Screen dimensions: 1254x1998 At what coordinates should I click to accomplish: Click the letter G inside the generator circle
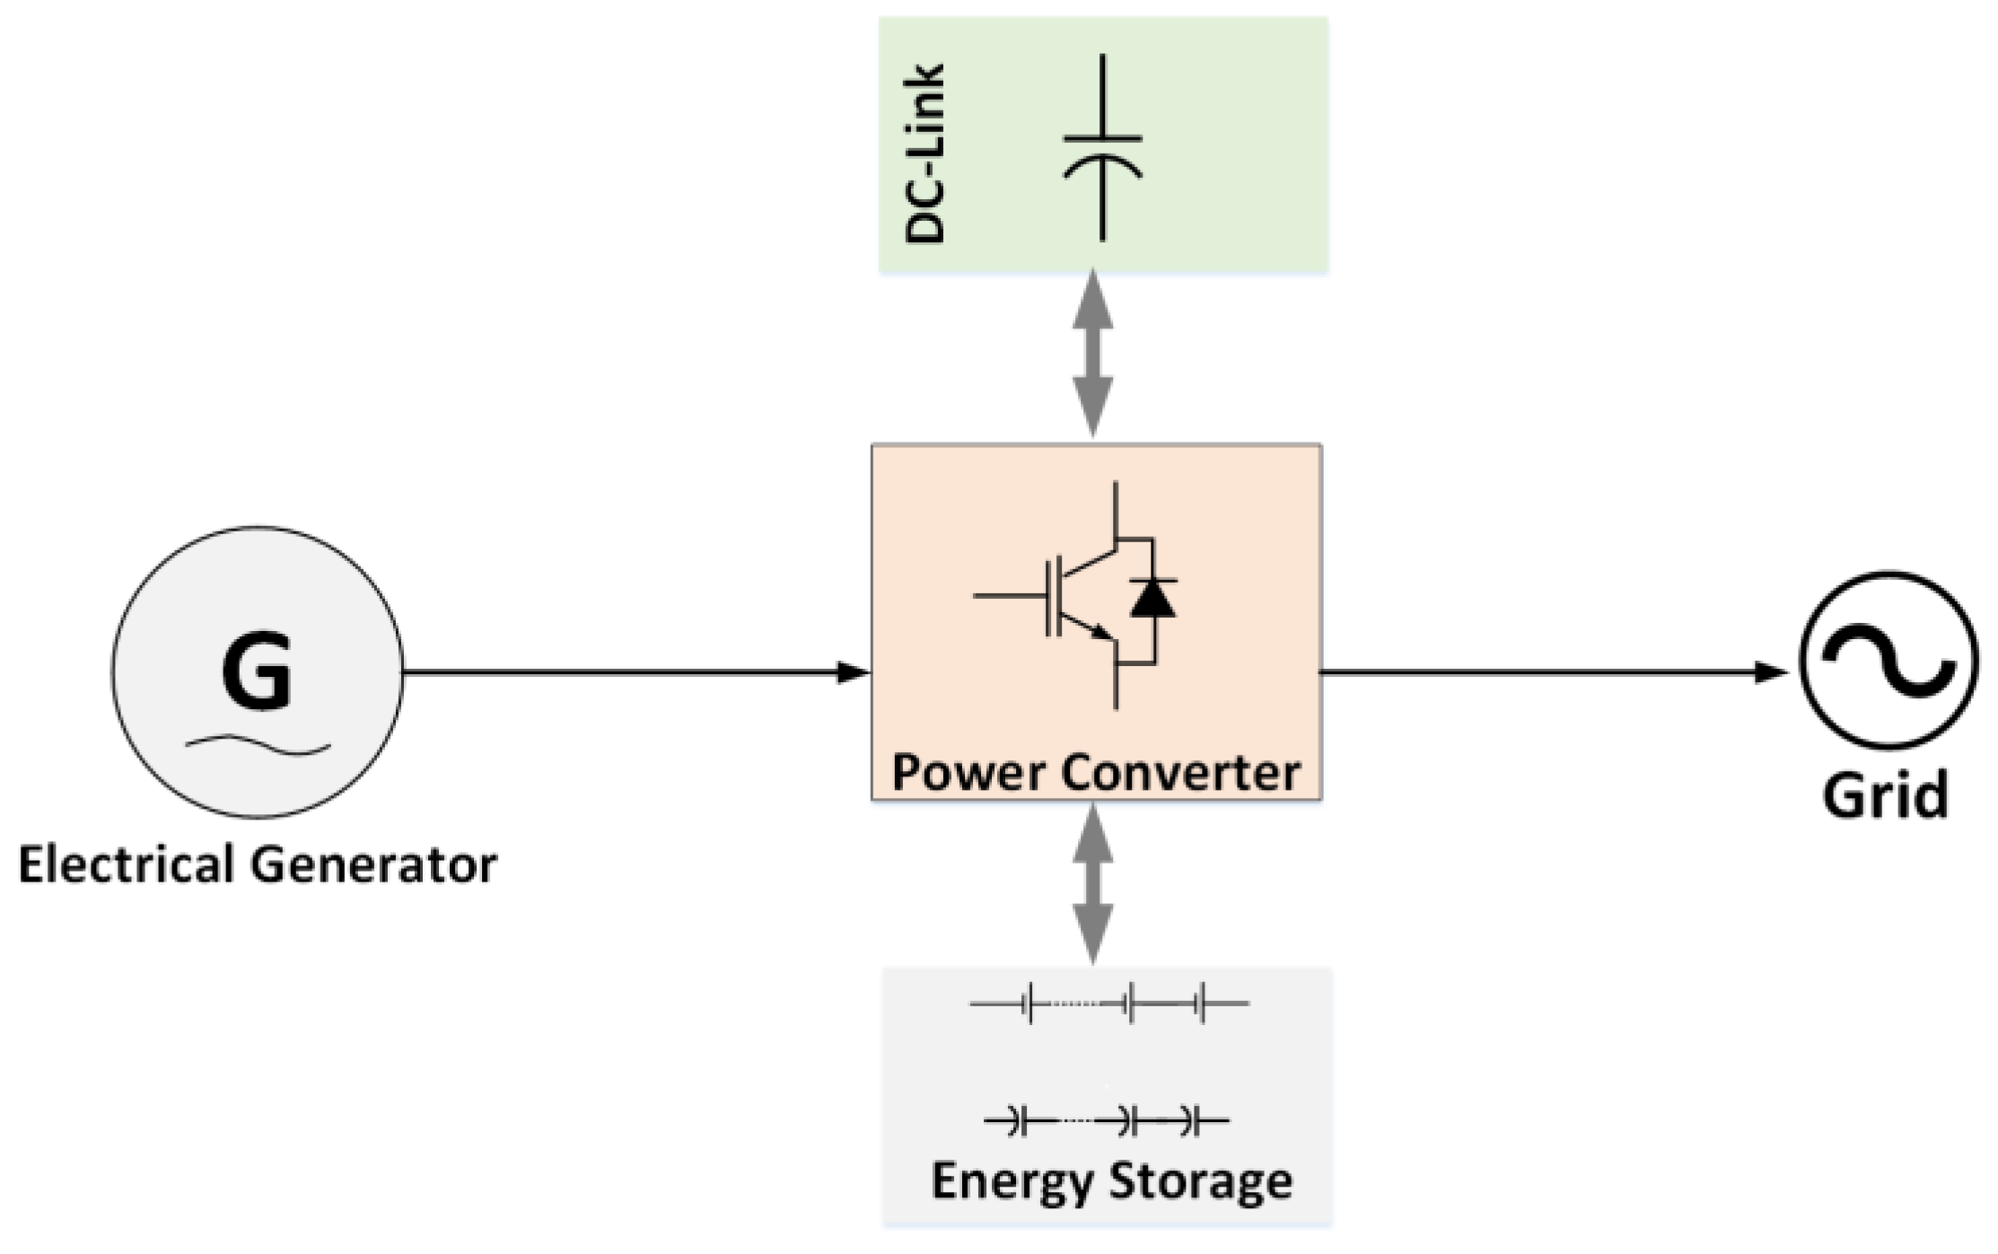coord(257,671)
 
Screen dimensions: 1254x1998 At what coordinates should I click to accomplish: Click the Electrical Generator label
coord(258,864)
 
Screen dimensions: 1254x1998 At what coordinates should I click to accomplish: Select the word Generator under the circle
coord(372,864)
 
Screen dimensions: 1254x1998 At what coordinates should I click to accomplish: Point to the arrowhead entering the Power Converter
coord(853,671)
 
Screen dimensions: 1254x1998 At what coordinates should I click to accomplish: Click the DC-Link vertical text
coord(925,153)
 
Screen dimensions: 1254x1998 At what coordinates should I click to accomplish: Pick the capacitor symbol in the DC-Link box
coord(1102,149)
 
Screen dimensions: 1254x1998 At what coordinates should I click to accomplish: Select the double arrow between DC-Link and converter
coord(1093,354)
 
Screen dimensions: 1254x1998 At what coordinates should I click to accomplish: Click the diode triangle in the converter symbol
coord(1152,598)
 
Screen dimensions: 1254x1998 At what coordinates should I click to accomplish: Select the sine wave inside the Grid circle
coord(1888,662)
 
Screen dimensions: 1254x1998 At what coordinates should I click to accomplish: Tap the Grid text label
coord(1885,795)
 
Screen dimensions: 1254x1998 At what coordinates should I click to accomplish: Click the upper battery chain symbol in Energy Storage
coord(1109,1003)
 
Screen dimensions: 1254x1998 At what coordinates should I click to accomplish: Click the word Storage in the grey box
coord(1203,1181)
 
